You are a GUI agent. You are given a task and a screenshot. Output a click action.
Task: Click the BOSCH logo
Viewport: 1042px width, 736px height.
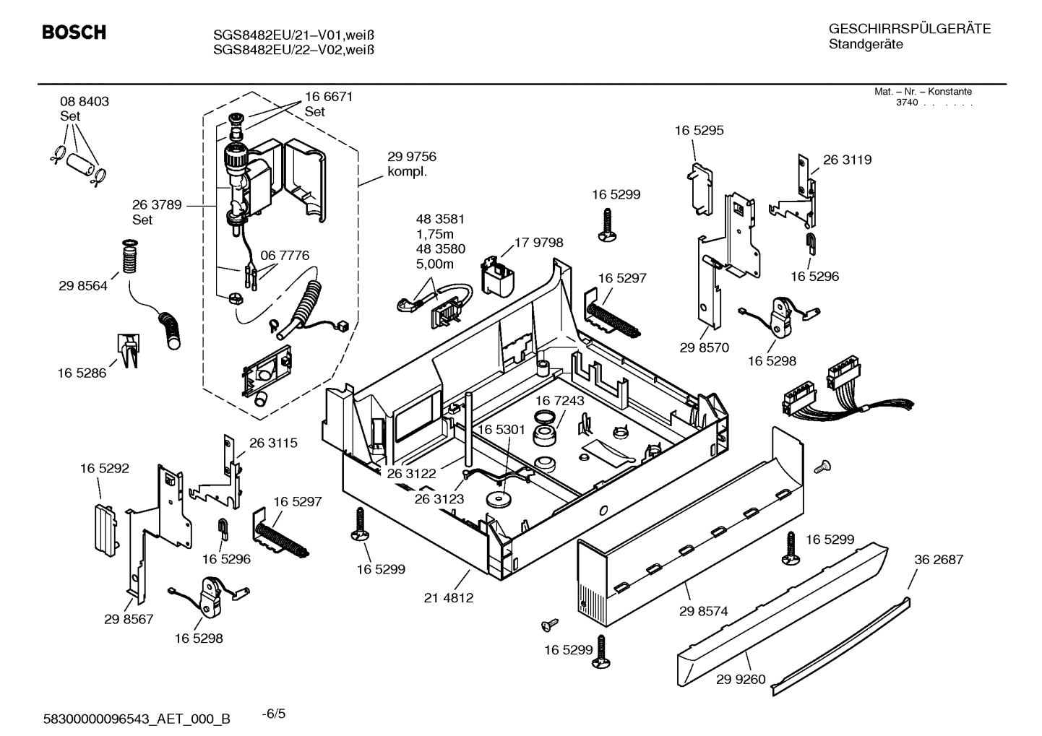click(x=74, y=33)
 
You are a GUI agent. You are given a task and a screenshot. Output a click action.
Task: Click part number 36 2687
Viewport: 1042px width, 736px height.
click(x=939, y=560)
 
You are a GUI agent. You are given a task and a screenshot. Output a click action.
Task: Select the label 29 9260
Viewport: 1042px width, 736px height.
click(x=741, y=679)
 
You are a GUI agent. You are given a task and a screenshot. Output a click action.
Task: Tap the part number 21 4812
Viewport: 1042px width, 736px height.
click(x=449, y=598)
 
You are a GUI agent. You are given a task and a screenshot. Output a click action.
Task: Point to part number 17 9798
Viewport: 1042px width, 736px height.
click(x=538, y=243)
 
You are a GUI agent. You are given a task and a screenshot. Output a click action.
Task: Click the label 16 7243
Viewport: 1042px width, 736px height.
click(x=560, y=400)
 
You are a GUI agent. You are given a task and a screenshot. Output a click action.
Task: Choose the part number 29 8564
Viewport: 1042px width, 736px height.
click(x=83, y=286)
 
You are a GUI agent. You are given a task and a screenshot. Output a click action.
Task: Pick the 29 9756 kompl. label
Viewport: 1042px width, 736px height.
click(x=412, y=164)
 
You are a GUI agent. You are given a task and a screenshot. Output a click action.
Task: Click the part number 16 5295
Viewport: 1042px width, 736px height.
click(x=699, y=131)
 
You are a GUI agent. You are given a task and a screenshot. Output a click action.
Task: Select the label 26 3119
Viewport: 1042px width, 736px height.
click(x=847, y=160)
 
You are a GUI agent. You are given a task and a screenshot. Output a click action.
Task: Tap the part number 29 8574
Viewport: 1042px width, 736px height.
click(x=703, y=611)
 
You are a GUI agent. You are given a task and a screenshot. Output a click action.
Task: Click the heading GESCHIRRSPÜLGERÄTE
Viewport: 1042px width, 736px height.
click(x=909, y=30)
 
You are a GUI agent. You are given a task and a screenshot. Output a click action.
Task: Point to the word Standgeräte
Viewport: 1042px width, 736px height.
click(x=865, y=45)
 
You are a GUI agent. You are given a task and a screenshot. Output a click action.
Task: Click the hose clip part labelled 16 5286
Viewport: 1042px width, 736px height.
click(x=127, y=350)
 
